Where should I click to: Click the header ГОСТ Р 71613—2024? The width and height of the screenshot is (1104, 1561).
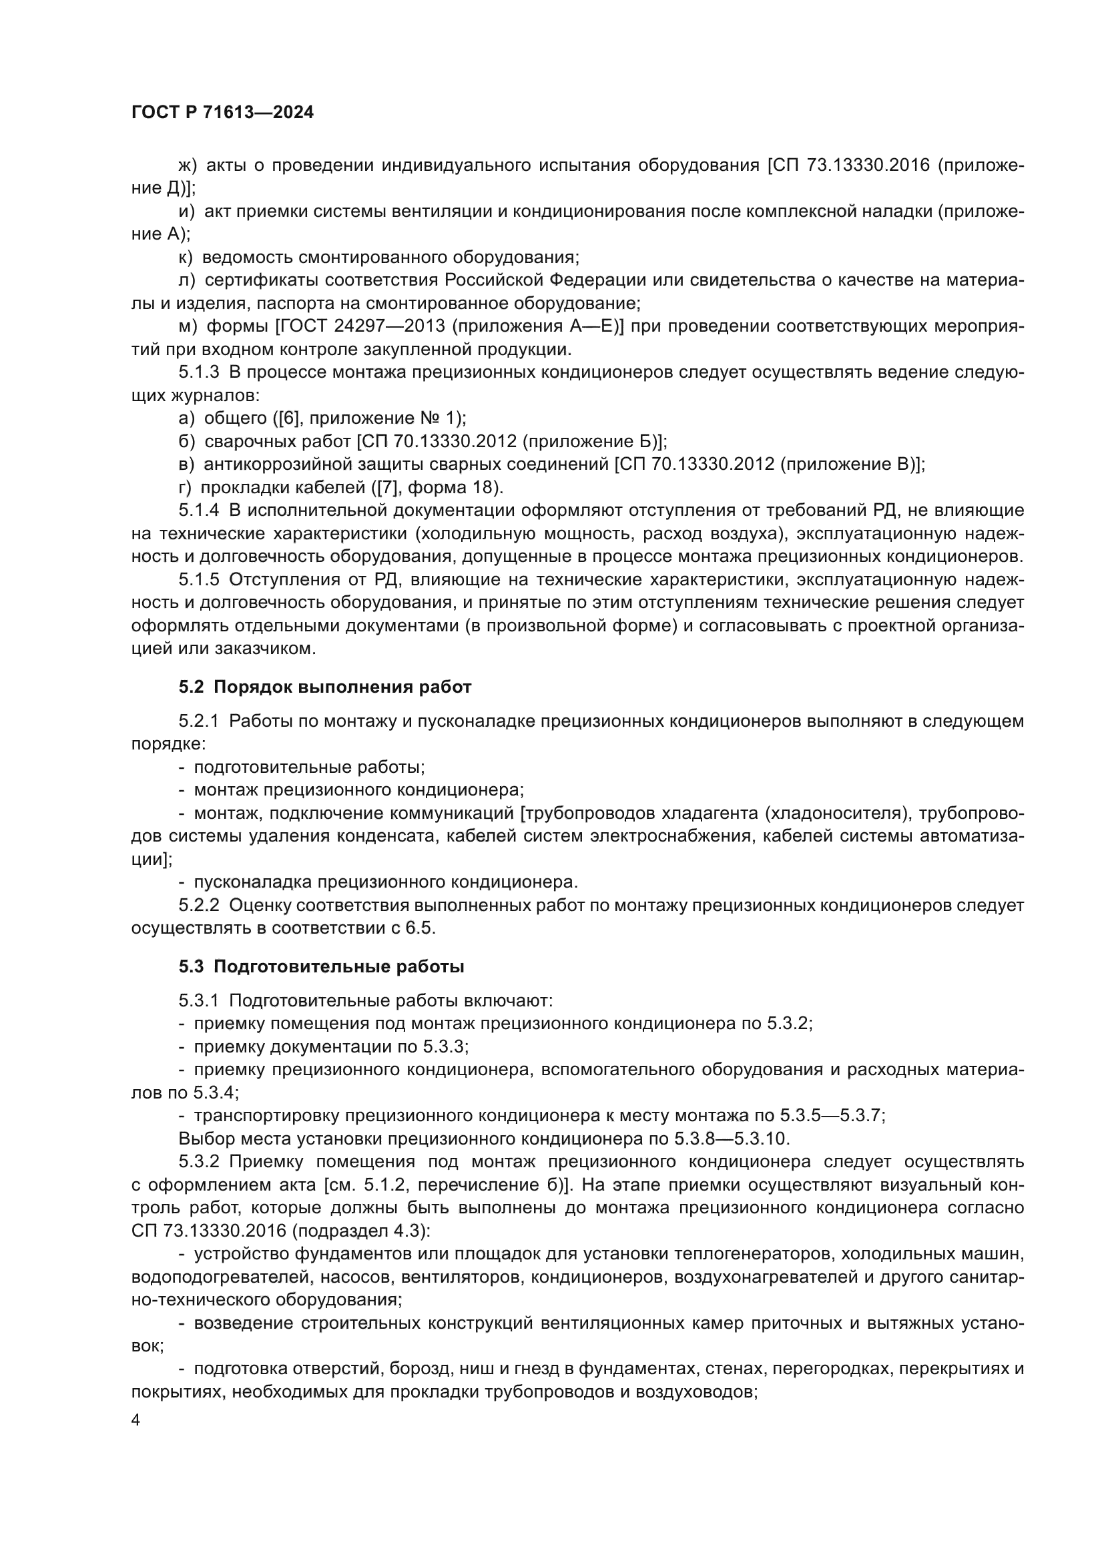pyautogui.click(x=222, y=113)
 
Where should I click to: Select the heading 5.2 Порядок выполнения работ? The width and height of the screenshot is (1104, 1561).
pyautogui.click(x=325, y=687)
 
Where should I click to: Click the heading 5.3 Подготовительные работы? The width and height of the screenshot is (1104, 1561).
pyautogui.click(x=322, y=967)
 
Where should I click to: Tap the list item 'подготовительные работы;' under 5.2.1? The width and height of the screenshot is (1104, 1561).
pyautogui.click(x=309, y=767)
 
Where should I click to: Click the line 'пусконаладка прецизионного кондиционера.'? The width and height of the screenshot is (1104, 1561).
pyautogui.click(x=385, y=882)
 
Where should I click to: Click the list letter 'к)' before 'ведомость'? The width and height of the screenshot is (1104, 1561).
pyautogui.click(x=186, y=257)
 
